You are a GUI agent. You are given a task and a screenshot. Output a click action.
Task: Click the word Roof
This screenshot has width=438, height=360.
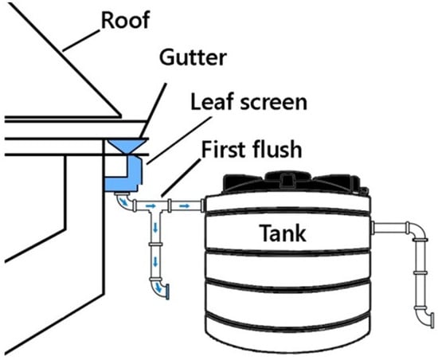[125, 20]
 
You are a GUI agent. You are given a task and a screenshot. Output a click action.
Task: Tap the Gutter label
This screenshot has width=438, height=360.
[193, 57]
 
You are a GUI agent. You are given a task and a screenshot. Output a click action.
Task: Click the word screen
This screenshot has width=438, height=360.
[274, 103]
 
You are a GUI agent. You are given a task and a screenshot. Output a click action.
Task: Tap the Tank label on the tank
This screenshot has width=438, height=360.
[283, 233]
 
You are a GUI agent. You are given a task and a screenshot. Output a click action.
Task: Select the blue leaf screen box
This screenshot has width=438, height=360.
[124, 174]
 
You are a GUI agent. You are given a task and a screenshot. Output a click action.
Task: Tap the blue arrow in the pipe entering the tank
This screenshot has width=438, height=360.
[185, 205]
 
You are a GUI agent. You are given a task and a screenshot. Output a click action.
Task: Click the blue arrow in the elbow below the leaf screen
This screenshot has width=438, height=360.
[123, 200]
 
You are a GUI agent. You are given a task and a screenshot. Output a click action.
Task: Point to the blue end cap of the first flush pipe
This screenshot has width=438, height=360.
[167, 292]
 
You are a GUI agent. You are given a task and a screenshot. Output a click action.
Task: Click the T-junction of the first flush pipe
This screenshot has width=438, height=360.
[155, 209]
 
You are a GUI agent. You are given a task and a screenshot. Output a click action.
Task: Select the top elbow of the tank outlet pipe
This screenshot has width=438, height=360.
[416, 230]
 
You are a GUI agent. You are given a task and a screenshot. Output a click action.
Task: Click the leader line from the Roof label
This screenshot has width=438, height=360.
[80, 41]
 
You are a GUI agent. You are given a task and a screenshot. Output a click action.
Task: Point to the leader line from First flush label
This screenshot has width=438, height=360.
[182, 178]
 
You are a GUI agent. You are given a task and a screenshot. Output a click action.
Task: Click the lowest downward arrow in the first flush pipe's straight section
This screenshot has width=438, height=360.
[155, 262]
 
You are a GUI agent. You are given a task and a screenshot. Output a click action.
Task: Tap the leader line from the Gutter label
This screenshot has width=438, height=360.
[153, 111]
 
